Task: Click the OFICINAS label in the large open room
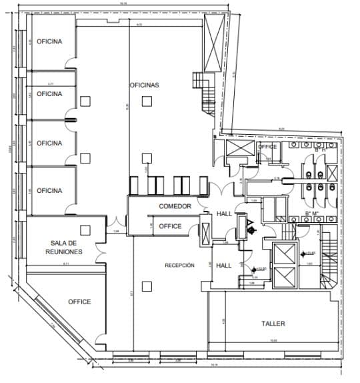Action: pyautogui.click(x=144, y=85)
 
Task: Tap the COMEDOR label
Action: pyautogui.click(x=175, y=207)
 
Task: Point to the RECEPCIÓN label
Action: pyautogui.click(x=179, y=266)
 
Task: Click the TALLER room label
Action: pyautogui.click(x=273, y=324)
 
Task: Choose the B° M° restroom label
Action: pyautogui.click(x=311, y=214)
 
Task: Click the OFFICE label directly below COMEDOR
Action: pyautogui.click(x=170, y=227)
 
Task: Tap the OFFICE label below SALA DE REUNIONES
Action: pyautogui.click(x=79, y=302)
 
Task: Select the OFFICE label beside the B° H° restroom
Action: pyautogui.click(x=267, y=147)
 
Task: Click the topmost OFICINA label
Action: pyautogui.click(x=49, y=41)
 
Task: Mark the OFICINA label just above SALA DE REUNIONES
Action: pyautogui.click(x=49, y=191)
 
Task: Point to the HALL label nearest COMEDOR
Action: pyautogui.click(x=224, y=214)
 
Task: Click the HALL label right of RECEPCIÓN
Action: pyautogui.click(x=224, y=266)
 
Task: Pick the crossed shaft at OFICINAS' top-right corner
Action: pyautogui.click(x=214, y=41)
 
